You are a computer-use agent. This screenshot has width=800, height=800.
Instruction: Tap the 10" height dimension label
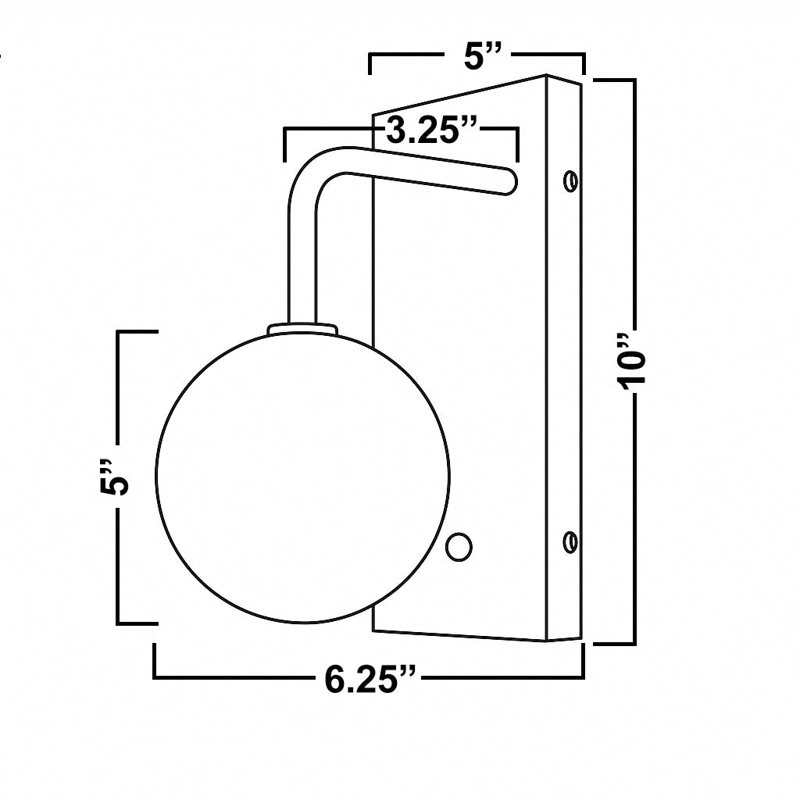(x=631, y=361)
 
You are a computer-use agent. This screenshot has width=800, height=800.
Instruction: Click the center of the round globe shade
(x=302, y=477)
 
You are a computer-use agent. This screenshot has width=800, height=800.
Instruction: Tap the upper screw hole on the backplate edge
(x=571, y=181)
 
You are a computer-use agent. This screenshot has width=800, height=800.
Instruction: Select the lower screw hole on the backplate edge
(x=571, y=541)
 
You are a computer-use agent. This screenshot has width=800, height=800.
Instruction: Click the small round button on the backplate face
(x=459, y=546)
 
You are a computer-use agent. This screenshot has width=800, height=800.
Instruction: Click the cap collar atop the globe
(x=302, y=329)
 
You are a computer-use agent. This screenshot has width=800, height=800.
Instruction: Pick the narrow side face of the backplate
(x=563, y=359)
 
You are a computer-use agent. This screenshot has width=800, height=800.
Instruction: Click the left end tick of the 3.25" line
(x=285, y=145)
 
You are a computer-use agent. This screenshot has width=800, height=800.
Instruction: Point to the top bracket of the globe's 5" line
(x=136, y=333)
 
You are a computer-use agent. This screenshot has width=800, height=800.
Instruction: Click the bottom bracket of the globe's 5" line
(x=136, y=623)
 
